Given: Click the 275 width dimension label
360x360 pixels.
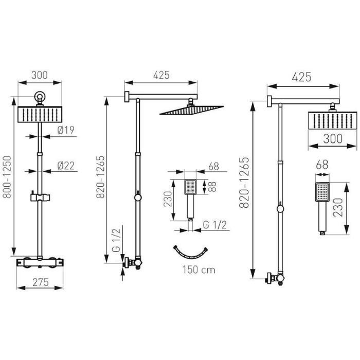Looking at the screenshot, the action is click(41, 282).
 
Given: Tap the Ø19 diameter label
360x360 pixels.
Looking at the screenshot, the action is click(66, 130).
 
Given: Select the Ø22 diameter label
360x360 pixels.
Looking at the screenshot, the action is click(66, 166).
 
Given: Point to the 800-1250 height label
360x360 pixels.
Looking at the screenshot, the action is click(7, 177).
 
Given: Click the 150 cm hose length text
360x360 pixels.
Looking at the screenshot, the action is click(199, 270).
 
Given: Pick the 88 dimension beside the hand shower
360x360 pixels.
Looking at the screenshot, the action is click(212, 187).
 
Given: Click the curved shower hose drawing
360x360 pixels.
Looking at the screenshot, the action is click(190, 252).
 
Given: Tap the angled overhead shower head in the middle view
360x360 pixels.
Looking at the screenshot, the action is click(191, 110).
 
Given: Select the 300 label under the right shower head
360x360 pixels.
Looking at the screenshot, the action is click(333, 139).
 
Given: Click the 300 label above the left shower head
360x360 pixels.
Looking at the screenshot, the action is click(40, 75).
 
